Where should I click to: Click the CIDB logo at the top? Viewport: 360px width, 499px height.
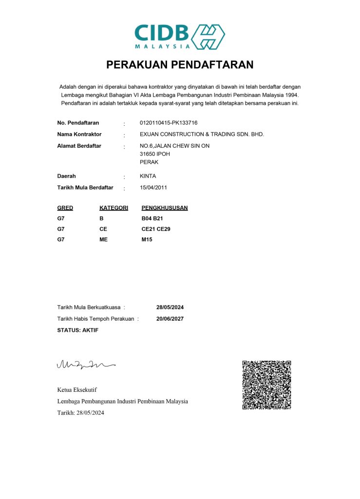pos(180,36)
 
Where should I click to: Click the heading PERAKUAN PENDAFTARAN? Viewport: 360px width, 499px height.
pos(180,65)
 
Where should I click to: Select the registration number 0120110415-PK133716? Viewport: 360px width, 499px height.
pos(169,123)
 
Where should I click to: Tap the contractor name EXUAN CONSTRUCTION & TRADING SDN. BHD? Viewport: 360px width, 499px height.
pos(202,134)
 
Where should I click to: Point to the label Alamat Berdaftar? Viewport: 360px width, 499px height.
pos(79,146)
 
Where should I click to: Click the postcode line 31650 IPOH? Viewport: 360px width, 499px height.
pos(155,154)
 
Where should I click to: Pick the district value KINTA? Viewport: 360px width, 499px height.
pos(148,176)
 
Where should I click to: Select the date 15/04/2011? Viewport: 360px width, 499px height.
pos(153,187)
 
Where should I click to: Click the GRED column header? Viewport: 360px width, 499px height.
pos(65,208)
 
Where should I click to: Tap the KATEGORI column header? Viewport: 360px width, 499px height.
pos(114,208)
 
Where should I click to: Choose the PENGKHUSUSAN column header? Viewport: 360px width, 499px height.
pos(165,208)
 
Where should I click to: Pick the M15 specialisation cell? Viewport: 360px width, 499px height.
pos(147,239)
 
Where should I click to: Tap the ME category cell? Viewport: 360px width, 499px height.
pos(103,239)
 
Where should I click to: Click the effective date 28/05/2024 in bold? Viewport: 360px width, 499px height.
pos(170,307)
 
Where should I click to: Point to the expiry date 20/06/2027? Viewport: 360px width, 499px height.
pos(170,319)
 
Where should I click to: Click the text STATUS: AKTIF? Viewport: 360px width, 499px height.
pos(78,330)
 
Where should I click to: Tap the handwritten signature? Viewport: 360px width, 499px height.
pos(86,364)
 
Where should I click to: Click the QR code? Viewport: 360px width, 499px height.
pos(266,385)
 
